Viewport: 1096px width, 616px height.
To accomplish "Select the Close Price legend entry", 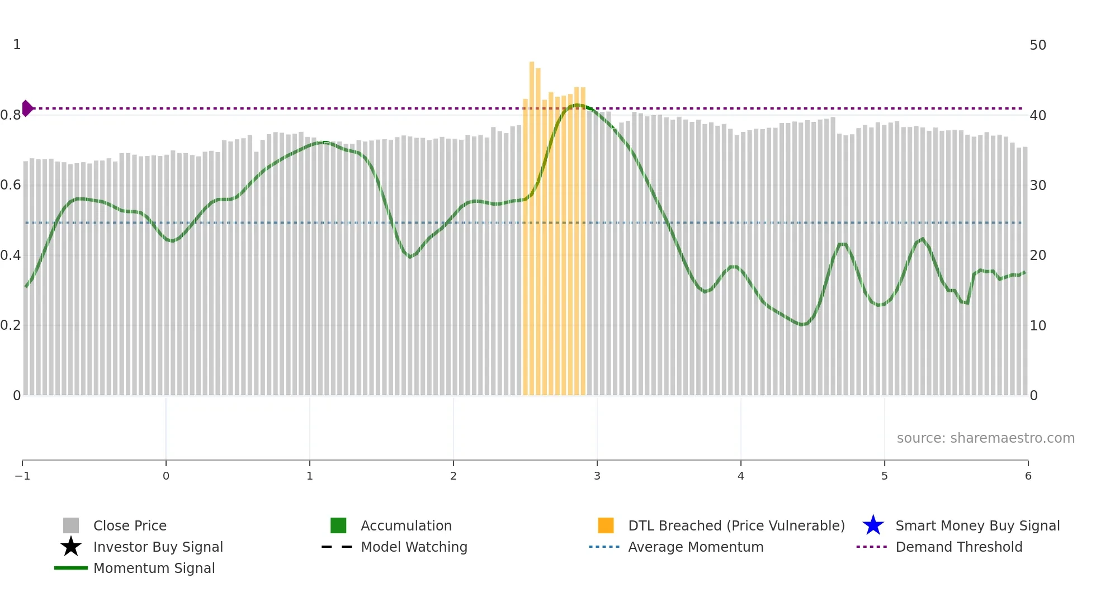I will [x=130, y=525].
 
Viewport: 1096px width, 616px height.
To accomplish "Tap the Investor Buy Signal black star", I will [x=71, y=547].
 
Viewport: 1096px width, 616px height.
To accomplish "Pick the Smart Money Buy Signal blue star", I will [x=873, y=525].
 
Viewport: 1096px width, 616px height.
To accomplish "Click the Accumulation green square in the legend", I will [x=338, y=525].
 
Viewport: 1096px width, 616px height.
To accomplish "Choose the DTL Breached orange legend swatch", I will [x=606, y=525].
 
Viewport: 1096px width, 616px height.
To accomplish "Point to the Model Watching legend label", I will [x=414, y=547].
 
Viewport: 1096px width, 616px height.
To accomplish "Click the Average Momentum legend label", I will [x=696, y=547].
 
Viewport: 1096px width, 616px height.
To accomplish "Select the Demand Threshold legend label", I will [x=958, y=547].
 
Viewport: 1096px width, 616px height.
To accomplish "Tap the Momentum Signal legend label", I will [x=154, y=568].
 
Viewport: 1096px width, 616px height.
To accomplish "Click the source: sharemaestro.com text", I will [x=985, y=438].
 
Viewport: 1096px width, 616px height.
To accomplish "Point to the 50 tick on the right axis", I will [x=1038, y=45].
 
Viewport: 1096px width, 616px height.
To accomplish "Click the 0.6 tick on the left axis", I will [x=11, y=185].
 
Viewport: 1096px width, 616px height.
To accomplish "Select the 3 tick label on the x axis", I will [x=597, y=476].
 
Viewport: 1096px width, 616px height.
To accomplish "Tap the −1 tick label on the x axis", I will [x=22, y=476].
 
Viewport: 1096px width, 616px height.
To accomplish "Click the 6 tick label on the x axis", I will [x=1028, y=476].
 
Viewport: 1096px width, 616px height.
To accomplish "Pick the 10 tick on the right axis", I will [x=1038, y=325].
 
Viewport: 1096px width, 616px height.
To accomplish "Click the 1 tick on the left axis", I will [x=17, y=45].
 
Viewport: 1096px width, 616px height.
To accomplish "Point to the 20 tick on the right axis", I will [x=1038, y=255].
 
